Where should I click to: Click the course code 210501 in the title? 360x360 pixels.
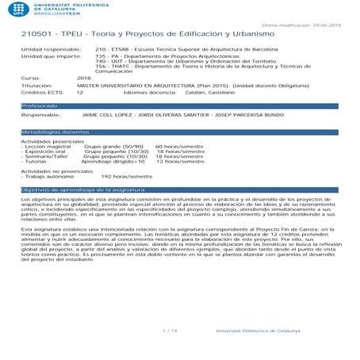[36, 36]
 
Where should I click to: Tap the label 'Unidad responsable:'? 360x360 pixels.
[44, 50]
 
